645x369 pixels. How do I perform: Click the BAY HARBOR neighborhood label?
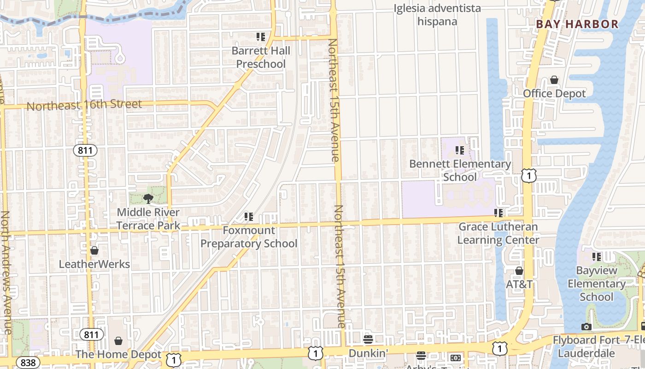click(577, 24)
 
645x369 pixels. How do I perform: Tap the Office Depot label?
click(554, 94)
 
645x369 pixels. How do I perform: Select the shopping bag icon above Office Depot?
click(554, 80)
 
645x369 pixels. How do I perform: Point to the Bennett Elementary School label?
click(460, 171)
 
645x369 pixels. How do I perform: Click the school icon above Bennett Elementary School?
click(459, 150)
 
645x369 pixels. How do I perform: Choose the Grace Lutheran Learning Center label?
click(498, 233)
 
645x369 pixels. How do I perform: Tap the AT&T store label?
click(519, 284)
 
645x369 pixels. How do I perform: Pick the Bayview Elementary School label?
click(596, 283)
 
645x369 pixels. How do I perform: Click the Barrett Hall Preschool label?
click(261, 57)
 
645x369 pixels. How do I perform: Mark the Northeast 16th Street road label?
click(84, 105)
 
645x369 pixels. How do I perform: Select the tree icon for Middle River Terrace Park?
click(148, 199)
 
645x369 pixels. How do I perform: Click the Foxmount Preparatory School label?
click(249, 237)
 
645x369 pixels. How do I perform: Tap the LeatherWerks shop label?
click(94, 264)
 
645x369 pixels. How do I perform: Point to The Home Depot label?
click(118, 355)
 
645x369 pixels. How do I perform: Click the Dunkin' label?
click(368, 353)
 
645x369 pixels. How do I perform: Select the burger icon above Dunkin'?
click(368, 340)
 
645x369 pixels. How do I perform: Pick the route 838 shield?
click(28, 363)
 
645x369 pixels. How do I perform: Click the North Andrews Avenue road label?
click(6, 272)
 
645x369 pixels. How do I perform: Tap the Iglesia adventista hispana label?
click(437, 15)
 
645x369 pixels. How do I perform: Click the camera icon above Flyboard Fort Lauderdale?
click(586, 327)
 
